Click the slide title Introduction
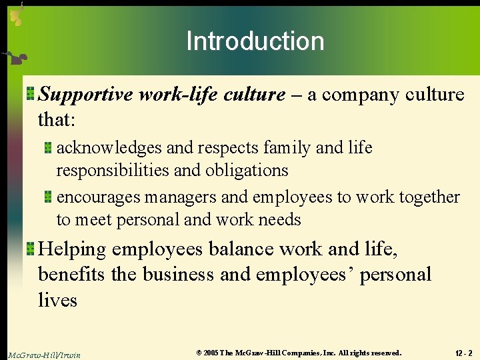coord(255,41)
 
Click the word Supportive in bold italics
coord(86,95)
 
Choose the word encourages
coord(98,197)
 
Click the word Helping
coord(72,249)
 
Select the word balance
coord(241,249)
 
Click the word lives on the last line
coord(57,301)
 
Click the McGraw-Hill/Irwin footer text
coord(45,355)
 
